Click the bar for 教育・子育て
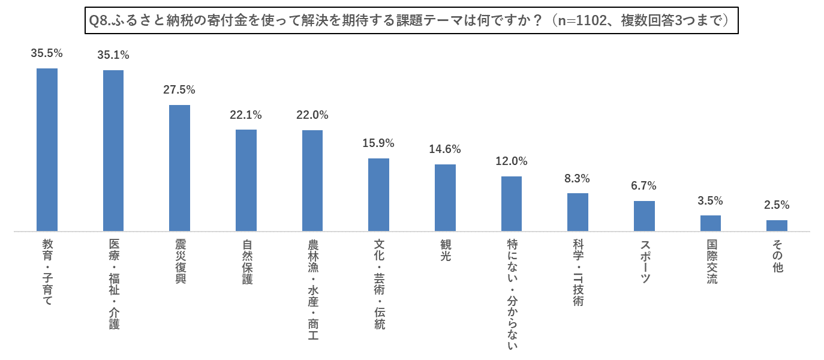tap(47, 149)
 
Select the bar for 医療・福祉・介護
tap(113, 151)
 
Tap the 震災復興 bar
tap(179, 168)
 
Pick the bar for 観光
tap(445, 197)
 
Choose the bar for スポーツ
tap(644, 216)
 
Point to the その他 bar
tap(777, 226)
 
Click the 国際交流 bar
tap(710, 223)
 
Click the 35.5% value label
tap(47, 53)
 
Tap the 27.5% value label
tap(179, 90)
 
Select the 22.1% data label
tap(246, 115)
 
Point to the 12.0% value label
tap(512, 161)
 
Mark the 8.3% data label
tap(578, 178)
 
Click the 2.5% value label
tap(777, 205)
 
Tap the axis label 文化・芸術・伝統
tap(379, 284)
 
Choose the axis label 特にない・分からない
tap(512, 295)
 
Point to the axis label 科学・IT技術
tap(578, 272)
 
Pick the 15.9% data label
tap(378, 143)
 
